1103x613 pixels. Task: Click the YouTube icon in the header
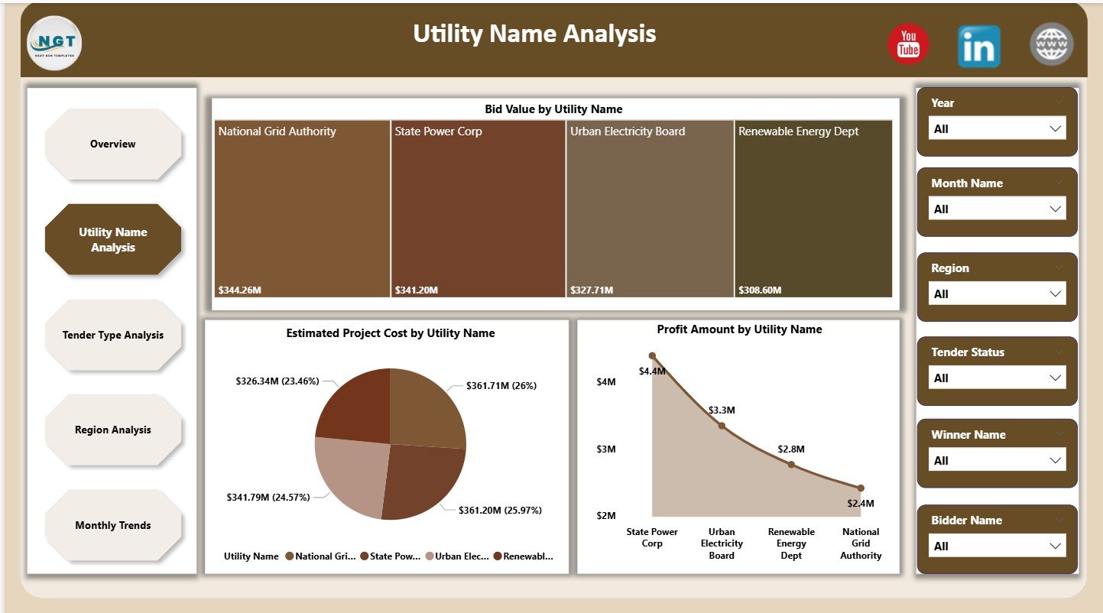tap(908, 44)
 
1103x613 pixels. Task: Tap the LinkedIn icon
tap(978, 46)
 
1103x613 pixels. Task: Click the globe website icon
tap(1051, 44)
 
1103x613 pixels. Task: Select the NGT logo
tap(54, 43)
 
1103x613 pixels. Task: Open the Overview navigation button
tap(113, 144)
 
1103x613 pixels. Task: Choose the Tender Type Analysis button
tap(113, 336)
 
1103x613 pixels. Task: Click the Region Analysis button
tap(113, 430)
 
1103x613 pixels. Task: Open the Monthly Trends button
tap(113, 526)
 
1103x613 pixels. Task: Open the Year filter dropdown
tap(997, 129)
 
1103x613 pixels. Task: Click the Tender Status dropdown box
tap(997, 378)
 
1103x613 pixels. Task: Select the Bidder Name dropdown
tap(997, 547)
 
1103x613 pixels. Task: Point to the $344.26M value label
tap(239, 290)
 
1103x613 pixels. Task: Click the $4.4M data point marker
tap(652, 355)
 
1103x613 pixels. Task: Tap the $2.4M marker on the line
tap(861, 488)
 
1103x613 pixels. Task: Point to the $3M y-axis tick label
tap(606, 449)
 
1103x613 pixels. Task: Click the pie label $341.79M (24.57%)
tap(268, 498)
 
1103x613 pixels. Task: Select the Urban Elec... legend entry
tap(459, 557)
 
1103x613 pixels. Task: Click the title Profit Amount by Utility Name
tap(739, 329)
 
